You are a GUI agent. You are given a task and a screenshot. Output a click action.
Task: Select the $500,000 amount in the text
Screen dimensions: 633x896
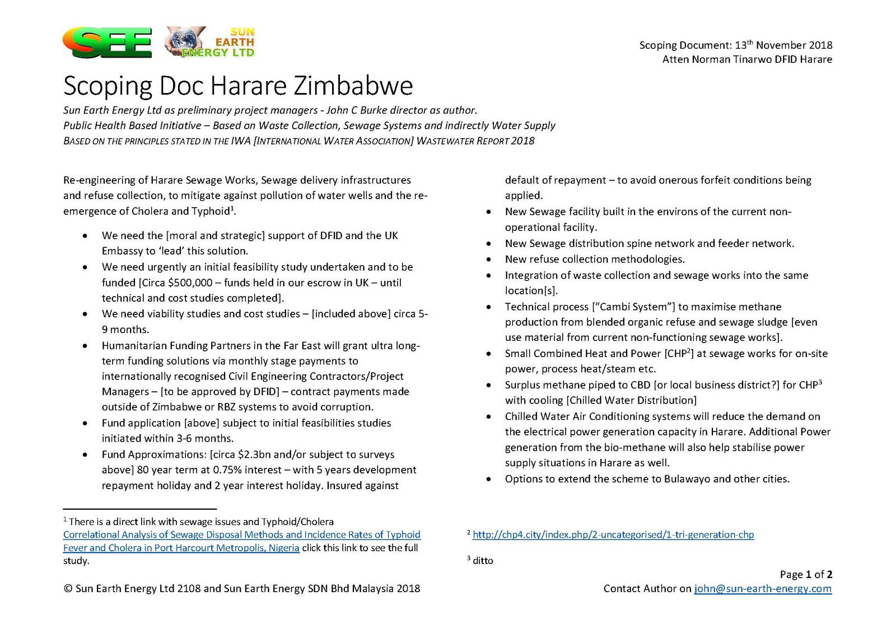tap(190, 283)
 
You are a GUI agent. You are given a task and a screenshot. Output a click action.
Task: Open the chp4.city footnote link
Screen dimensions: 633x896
tap(613, 534)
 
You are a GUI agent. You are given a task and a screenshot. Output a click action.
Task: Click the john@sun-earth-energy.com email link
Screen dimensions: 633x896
tap(763, 589)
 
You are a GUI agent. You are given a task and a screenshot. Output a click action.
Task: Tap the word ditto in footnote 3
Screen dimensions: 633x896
tap(483, 561)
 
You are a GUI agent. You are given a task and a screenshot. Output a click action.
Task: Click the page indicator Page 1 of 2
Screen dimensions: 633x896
tap(806, 575)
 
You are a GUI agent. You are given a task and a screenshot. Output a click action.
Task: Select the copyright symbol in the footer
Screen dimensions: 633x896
tap(68, 589)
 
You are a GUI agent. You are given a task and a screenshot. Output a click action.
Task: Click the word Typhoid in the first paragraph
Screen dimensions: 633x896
tap(211, 212)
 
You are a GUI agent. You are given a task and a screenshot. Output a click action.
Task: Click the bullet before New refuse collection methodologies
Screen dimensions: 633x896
tap(489, 260)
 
